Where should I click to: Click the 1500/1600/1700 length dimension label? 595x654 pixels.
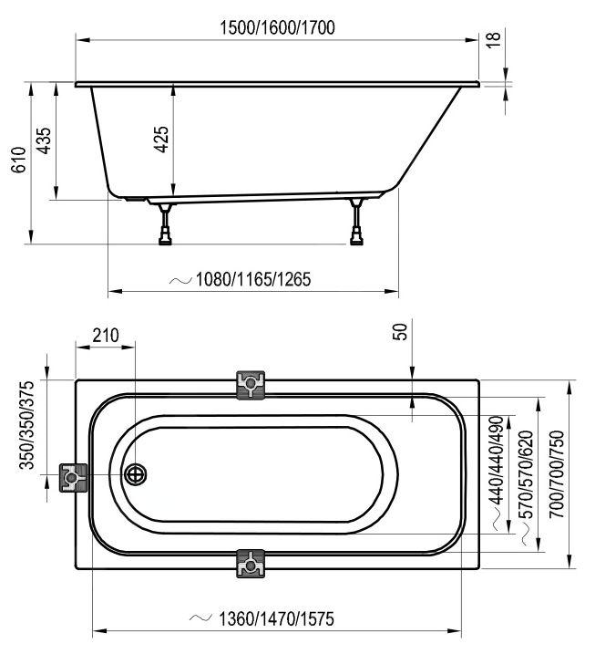(x=277, y=28)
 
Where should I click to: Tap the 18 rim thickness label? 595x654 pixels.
(x=493, y=39)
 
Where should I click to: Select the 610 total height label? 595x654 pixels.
(x=19, y=160)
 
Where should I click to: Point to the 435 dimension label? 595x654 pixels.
(x=44, y=140)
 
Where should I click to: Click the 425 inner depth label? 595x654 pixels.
(x=161, y=139)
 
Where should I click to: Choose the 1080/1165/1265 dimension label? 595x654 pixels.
(x=253, y=279)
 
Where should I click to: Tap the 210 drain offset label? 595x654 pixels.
(x=106, y=335)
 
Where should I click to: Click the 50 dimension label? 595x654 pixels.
(x=400, y=332)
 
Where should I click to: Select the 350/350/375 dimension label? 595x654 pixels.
(x=26, y=425)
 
